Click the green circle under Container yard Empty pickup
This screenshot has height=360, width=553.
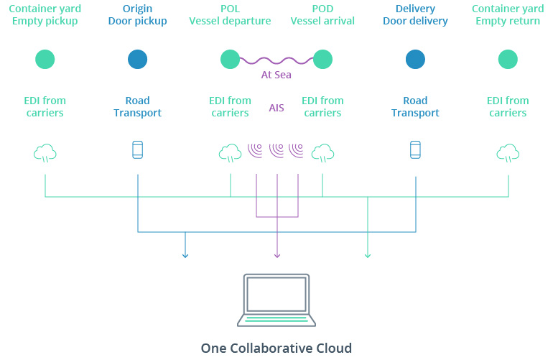tap(45, 59)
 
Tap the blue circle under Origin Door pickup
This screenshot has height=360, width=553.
tap(138, 59)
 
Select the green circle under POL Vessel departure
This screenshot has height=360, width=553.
tap(230, 59)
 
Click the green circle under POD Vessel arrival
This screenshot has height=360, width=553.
tap(322, 59)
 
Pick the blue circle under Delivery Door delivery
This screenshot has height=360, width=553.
tap(415, 59)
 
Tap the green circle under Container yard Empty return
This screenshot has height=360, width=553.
tap(508, 59)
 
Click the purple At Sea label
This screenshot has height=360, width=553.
tap(276, 75)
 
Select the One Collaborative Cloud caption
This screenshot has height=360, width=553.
tap(276, 349)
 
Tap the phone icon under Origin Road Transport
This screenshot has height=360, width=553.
tap(138, 150)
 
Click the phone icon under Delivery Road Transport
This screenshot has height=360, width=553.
tap(415, 150)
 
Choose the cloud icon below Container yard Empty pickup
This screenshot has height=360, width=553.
tap(45, 152)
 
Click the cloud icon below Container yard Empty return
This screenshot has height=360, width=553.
tap(508, 152)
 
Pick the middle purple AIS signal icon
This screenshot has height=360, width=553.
tap(276, 150)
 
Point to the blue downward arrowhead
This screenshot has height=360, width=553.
tap(185, 254)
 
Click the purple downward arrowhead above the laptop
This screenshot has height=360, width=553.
tap(276, 254)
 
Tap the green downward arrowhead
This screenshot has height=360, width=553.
tap(368, 254)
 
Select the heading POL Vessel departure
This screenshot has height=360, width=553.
tap(230, 15)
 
